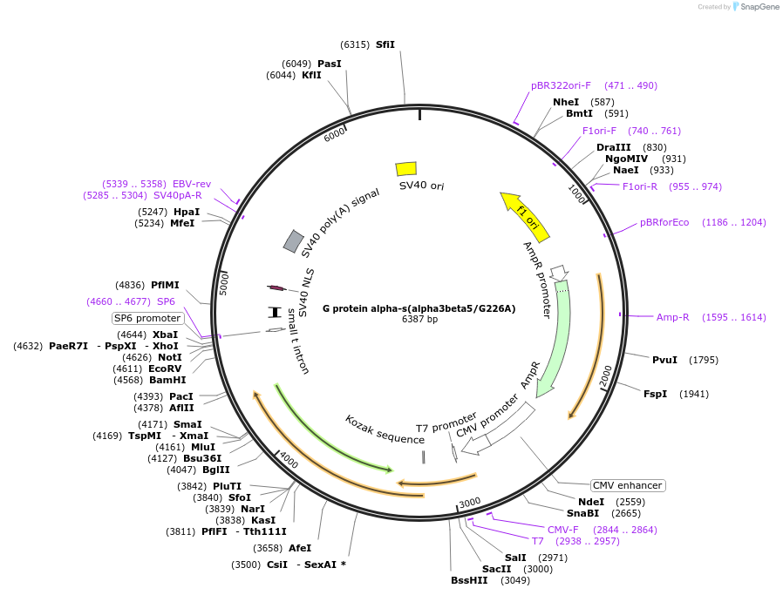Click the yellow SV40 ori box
(406, 168)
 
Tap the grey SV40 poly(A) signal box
(294, 241)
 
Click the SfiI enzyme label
(385, 44)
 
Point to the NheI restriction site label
(566, 102)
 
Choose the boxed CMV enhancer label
(627, 485)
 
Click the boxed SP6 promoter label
(148, 318)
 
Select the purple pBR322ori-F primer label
(561, 85)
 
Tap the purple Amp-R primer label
(673, 317)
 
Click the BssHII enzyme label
(469, 580)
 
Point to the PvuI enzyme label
(664, 360)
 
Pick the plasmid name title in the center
(419, 308)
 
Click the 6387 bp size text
(419, 320)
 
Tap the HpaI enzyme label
(187, 212)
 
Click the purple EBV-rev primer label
(192, 184)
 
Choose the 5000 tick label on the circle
(223, 284)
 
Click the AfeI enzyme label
(300, 548)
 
